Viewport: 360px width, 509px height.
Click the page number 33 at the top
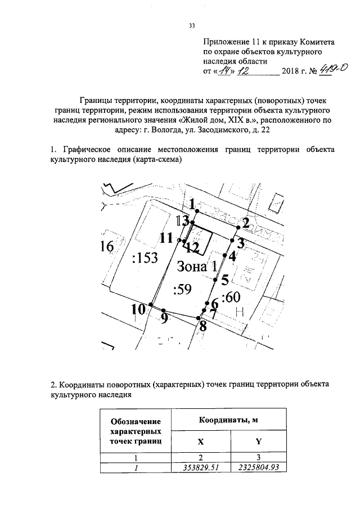pos(191,25)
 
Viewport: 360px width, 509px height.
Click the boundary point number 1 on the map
pos(192,204)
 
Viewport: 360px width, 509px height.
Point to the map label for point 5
pos(224,280)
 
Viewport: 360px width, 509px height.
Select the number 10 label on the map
pos(138,309)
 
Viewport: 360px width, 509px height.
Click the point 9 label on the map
pos(164,319)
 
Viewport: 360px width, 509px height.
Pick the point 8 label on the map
pos(202,326)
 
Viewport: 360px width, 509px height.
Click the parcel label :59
pos(183,290)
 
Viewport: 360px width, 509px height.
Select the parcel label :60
pos(231,297)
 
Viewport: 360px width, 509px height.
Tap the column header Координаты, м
pos(230,420)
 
